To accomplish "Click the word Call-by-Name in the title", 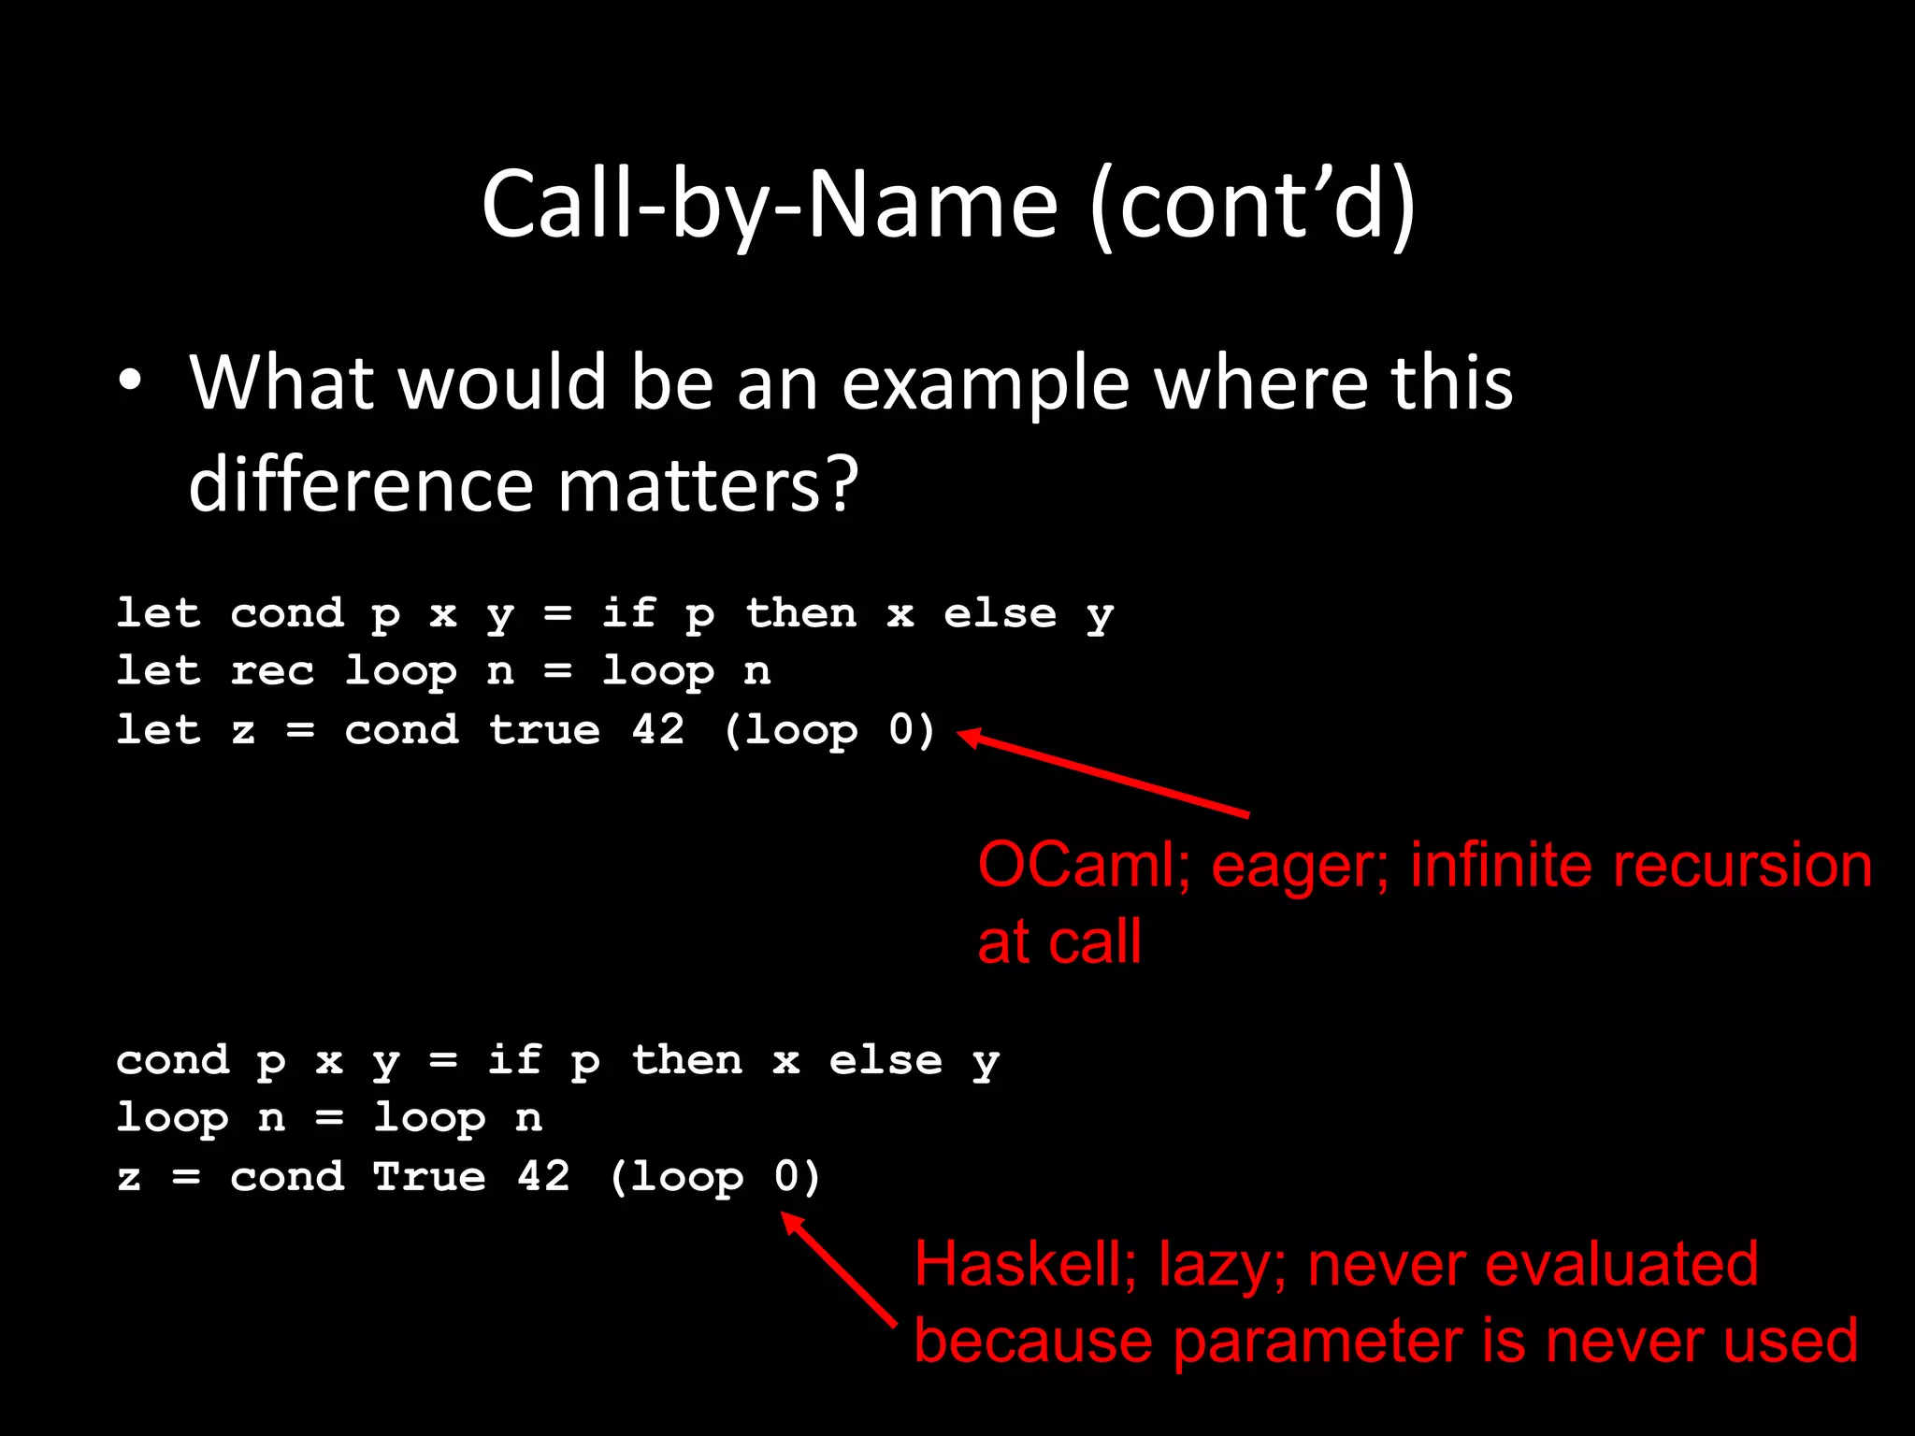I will click(x=770, y=205).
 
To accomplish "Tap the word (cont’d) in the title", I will click(x=1253, y=205).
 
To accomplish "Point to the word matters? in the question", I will click(x=708, y=485).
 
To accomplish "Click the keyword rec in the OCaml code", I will click(x=272, y=670).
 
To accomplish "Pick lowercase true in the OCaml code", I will click(x=544, y=729).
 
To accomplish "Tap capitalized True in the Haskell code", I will click(x=429, y=1176).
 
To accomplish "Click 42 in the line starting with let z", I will click(x=658, y=729).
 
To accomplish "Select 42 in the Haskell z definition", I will click(x=543, y=1176).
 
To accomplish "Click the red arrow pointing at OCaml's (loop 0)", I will click(x=1103, y=774).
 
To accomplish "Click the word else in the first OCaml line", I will click(x=1000, y=613).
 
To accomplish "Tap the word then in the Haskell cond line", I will click(x=687, y=1060).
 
